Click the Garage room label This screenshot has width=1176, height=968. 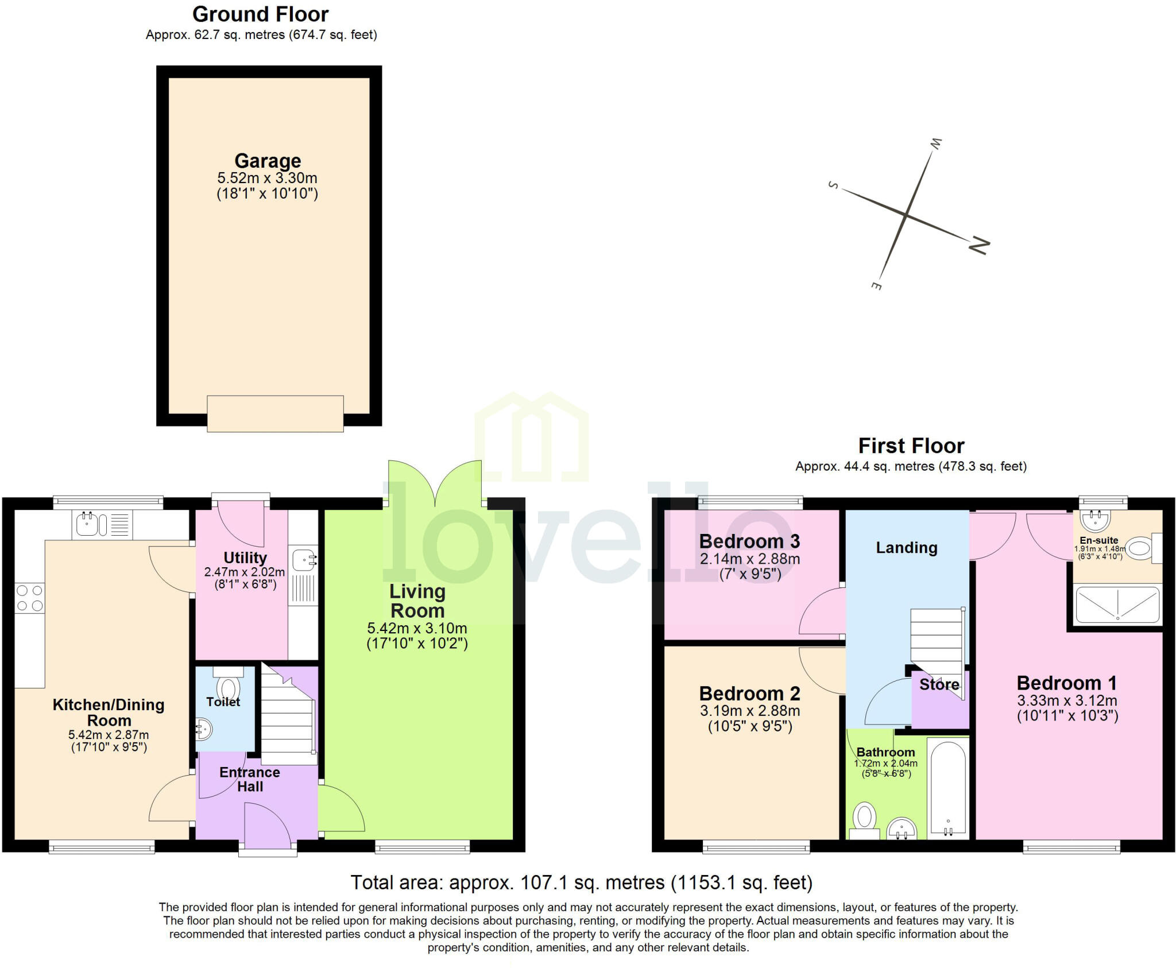coord(268,161)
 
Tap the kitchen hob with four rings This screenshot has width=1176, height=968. coord(30,598)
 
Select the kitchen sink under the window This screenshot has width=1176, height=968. coord(87,524)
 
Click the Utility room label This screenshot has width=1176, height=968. coord(245,558)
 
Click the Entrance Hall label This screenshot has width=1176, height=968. coord(250,779)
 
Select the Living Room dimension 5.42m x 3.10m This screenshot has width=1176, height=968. coord(417,628)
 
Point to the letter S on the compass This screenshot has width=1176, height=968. coord(833,185)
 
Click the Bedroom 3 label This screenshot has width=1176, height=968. coord(749,541)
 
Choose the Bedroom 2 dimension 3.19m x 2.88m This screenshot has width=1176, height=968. coord(749,710)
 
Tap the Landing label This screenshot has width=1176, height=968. coord(906,548)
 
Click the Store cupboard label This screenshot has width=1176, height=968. coord(939,684)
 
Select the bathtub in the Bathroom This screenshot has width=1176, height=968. coord(948,788)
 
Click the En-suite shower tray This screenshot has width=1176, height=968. coord(1117,604)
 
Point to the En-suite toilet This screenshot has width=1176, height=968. coord(1140,548)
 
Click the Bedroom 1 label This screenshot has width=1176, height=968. coord(1067,683)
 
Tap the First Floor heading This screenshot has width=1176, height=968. coord(911,446)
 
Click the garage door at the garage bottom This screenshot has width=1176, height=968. coord(275,413)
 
